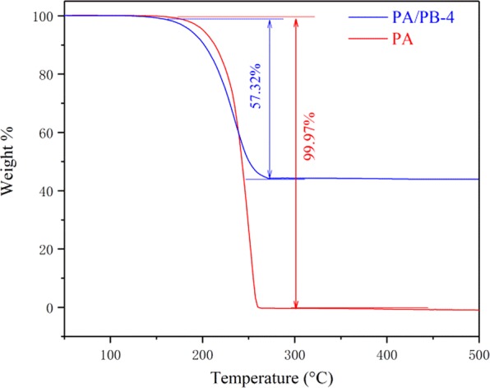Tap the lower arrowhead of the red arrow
[x=295, y=306]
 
